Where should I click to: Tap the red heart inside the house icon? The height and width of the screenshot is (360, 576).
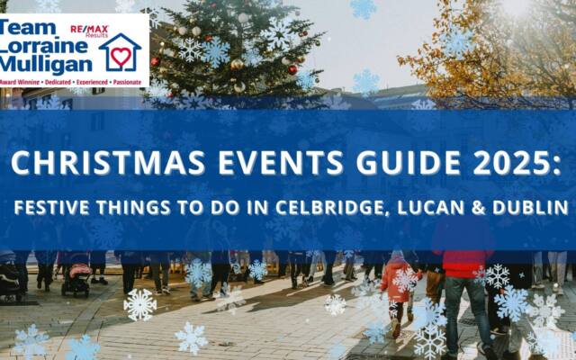[121, 56]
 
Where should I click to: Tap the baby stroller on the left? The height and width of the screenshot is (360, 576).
[77, 274]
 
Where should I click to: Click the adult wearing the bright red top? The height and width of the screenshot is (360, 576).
[463, 270]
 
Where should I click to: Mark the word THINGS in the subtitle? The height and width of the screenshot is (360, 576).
[121, 209]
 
